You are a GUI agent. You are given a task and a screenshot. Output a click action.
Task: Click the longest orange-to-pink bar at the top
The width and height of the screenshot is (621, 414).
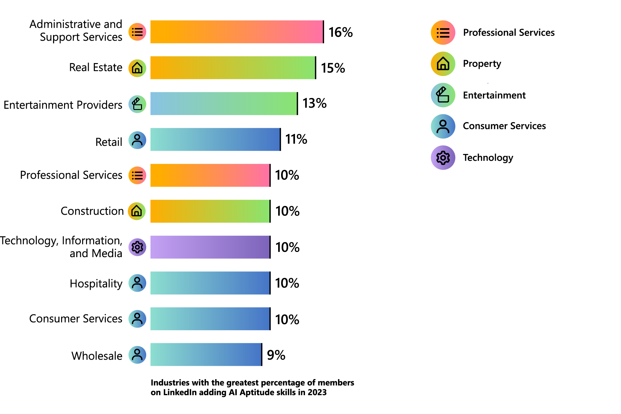[x=236, y=38]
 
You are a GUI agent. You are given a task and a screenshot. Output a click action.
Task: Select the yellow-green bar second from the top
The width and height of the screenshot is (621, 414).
[x=232, y=69]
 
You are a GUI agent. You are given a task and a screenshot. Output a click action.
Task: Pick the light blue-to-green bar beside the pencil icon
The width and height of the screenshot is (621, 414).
[x=223, y=110]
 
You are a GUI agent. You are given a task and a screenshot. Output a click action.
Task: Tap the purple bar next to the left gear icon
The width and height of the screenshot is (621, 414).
[x=210, y=247]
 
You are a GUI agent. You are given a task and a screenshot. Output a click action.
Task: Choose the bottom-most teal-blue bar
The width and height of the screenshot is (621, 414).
[x=205, y=357]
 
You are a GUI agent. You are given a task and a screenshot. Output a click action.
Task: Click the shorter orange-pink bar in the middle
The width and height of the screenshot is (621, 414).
[x=210, y=181]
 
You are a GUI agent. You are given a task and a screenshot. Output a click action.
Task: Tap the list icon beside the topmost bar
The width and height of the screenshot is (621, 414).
[x=137, y=32]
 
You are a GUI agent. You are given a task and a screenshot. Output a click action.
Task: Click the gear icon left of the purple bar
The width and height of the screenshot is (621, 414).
[x=137, y=247]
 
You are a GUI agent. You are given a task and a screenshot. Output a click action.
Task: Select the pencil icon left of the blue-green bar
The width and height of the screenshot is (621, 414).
[x=137, y=104]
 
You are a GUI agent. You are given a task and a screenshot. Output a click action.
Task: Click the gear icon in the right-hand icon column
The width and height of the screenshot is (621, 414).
[x=443, y=158]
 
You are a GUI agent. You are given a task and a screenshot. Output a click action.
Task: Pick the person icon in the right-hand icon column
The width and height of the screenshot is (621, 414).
[x=443, y=127]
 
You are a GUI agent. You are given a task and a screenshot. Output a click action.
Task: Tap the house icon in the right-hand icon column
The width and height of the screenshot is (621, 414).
[x=443, y=64]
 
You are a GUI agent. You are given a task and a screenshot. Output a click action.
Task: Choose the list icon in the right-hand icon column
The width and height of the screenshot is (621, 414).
[x=443, y=33]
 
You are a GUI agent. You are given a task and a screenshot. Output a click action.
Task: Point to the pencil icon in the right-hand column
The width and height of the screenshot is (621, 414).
[x=442, y=95]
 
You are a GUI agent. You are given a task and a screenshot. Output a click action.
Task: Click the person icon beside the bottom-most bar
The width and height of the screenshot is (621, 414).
[x=137, y=354]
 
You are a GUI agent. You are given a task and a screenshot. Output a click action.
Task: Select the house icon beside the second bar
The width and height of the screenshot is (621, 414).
[x=137, y=68]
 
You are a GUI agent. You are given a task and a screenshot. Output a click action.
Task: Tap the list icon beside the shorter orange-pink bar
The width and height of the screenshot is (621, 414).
[x=137, y=176]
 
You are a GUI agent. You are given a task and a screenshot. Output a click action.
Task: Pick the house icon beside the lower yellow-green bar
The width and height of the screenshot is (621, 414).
[x=136, y=211]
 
